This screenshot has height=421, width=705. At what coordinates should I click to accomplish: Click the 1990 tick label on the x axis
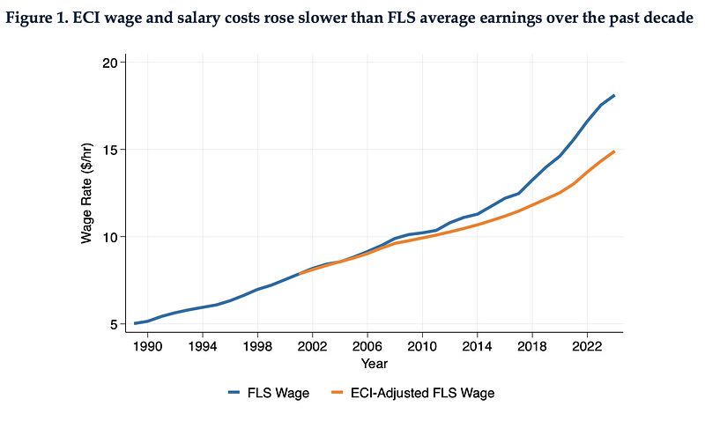147,345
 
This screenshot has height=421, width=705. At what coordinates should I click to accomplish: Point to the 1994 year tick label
203,345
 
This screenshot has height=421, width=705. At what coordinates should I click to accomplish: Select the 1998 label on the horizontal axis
257,345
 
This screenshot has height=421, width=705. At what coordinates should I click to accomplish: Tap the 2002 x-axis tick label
312,345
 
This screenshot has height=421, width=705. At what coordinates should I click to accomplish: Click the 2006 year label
367,345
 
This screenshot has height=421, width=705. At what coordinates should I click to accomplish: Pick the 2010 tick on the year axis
422,345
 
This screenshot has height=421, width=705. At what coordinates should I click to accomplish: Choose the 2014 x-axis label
477,345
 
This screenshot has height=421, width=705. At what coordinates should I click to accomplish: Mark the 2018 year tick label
531,345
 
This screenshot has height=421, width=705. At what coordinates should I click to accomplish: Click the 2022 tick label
587,345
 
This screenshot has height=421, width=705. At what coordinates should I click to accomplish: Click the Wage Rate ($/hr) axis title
88,193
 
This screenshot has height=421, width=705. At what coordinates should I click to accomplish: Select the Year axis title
374,363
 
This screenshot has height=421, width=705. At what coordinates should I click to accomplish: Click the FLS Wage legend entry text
279,393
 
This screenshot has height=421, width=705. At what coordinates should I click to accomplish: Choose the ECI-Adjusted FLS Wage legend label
430,393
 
